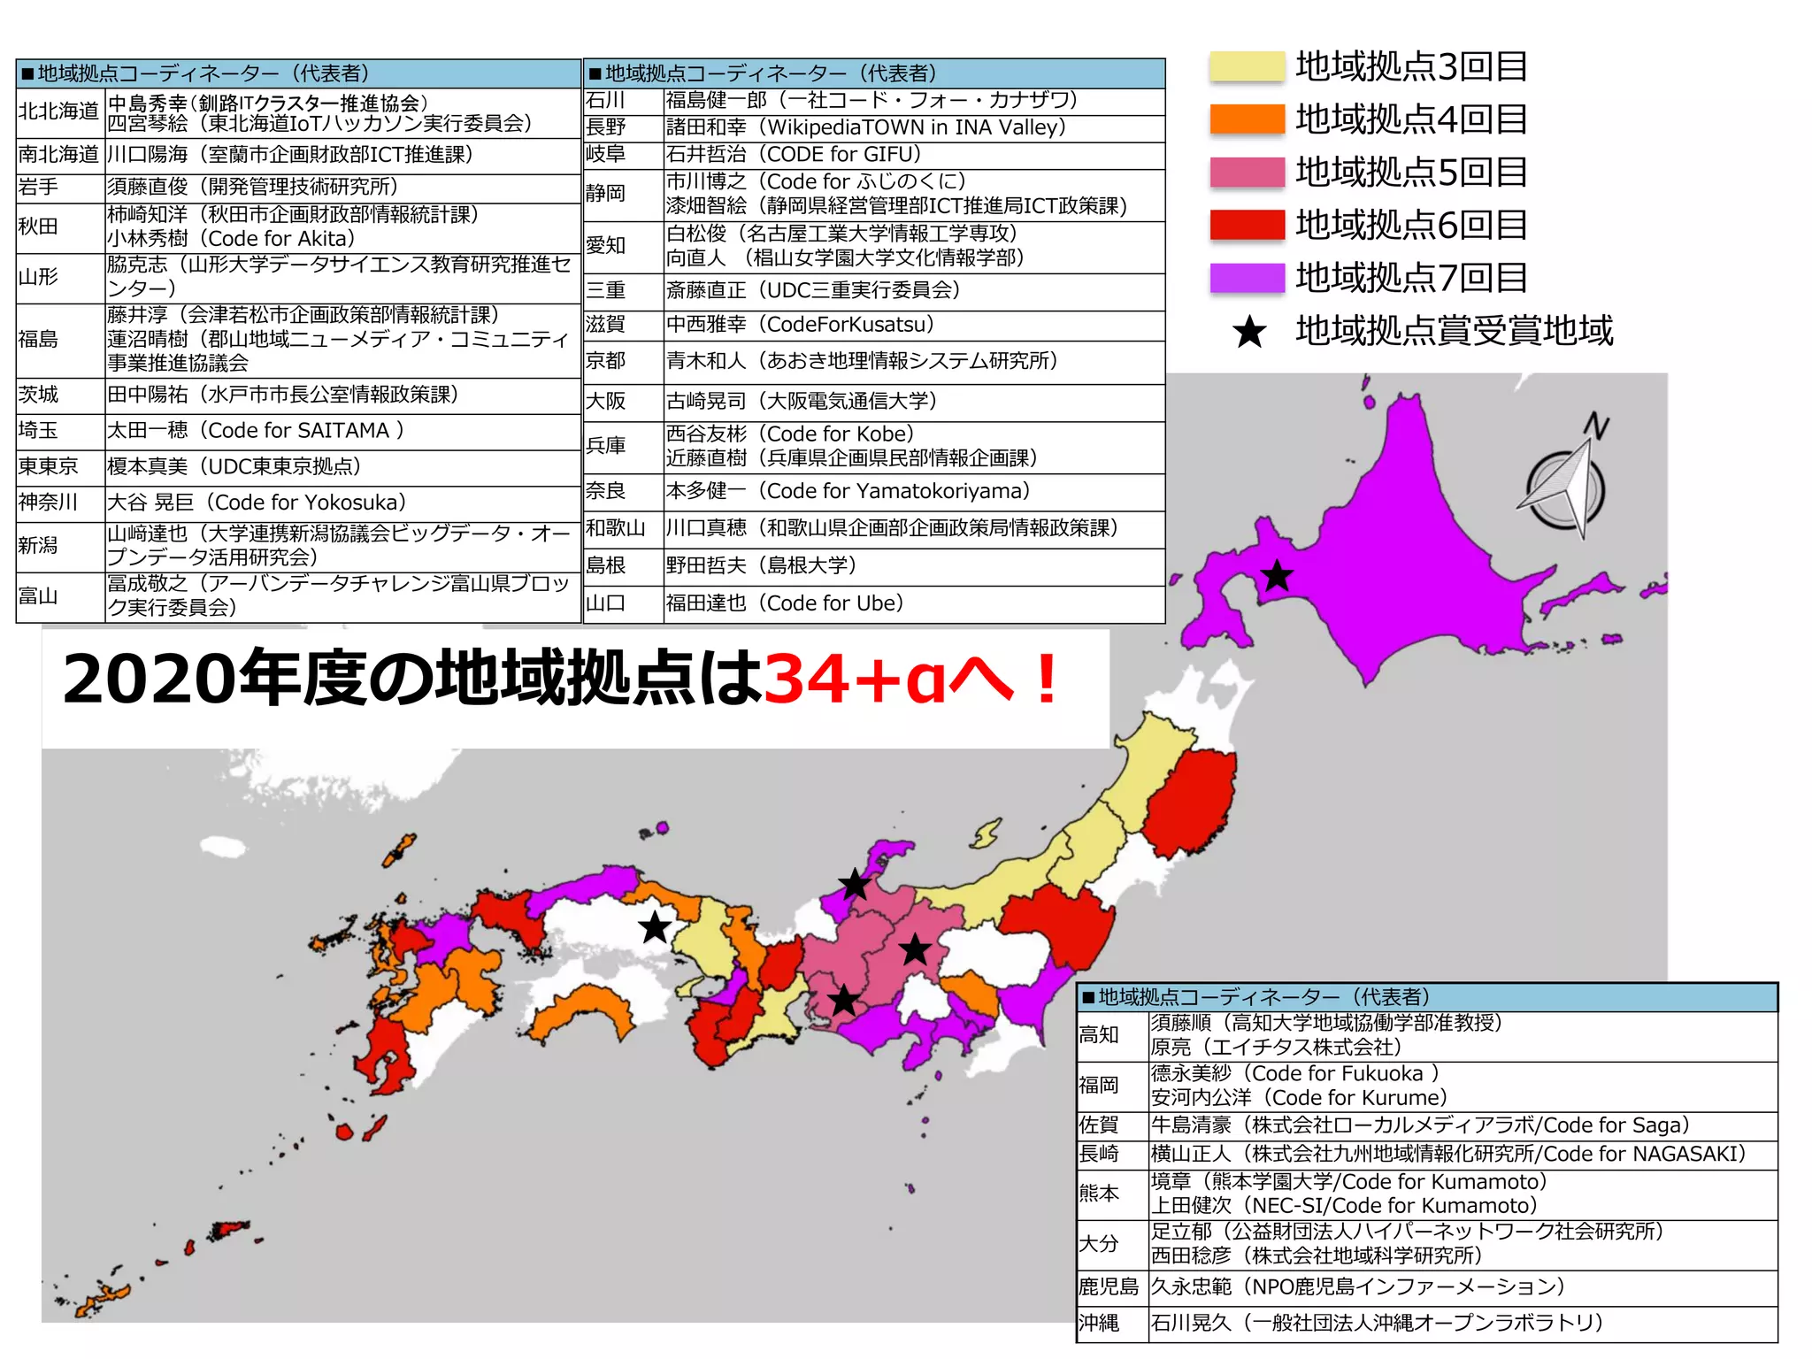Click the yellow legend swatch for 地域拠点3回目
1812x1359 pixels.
[1247, 66]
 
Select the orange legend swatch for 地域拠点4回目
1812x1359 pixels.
[1247, 119]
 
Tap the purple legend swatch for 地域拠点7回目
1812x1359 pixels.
[1247, 277]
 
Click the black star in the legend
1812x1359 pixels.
[1249, 332]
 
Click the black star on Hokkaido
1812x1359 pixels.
[1277, 576]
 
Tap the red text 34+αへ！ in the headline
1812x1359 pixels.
[911, 679]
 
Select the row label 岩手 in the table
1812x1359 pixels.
[38, 187]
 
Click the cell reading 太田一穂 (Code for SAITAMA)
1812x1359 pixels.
[255, 431]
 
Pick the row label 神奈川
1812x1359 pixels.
[48, 503]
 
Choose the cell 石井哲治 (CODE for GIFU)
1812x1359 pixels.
[793, 154]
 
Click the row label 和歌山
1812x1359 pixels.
[615, 528]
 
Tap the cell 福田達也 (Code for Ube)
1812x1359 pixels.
[784, 603]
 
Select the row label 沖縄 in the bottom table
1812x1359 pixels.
[1099, 1323]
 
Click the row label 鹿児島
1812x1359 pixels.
[1109, 1286]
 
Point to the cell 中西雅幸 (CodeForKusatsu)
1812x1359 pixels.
[800, 325]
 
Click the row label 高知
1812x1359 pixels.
[1099, 1034]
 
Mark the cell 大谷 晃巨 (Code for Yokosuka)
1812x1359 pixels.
[257, 503]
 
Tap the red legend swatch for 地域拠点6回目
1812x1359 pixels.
[1247, 225]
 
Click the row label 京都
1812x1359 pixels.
[605, 361]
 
